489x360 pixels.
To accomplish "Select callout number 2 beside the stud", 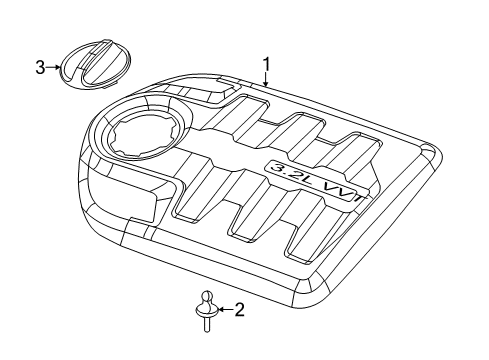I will point(237,310).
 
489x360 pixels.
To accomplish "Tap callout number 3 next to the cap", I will point(41,68).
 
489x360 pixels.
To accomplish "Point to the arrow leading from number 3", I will point(54,68).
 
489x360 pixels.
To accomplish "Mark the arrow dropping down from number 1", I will point(267,79).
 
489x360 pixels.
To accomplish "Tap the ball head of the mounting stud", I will point(206,297).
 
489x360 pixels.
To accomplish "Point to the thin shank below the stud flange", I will point(207,322).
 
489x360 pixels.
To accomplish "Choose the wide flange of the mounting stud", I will point(206,311).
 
